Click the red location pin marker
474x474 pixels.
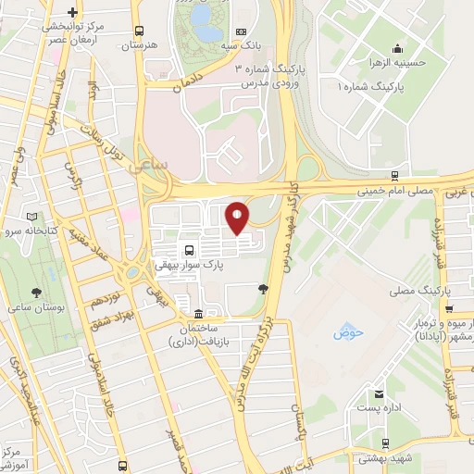point(238,217)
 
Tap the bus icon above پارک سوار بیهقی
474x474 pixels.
point(189,250)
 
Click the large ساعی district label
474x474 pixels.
point(152,167)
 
